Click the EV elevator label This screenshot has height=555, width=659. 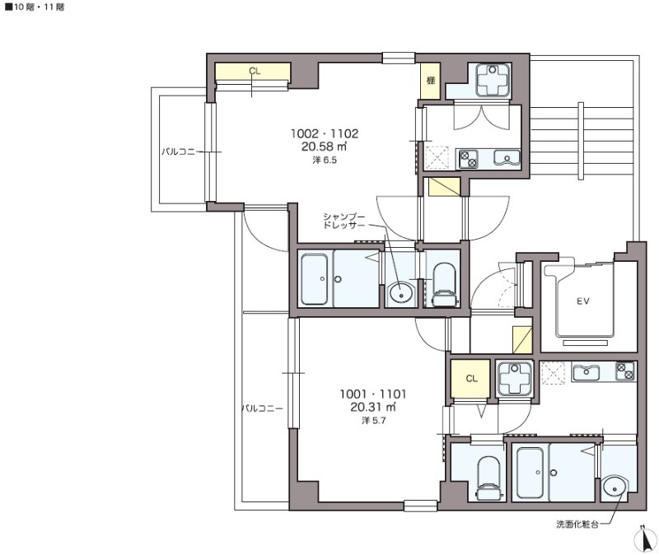582,301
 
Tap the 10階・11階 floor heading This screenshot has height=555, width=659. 35,7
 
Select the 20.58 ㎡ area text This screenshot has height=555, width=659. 324,147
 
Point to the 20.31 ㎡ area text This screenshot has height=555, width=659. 373,407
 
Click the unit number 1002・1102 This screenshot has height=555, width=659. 325,133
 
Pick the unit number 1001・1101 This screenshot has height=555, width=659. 373,394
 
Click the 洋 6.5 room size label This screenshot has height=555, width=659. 325,160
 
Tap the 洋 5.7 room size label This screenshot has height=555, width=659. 373,421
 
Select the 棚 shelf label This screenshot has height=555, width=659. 430,80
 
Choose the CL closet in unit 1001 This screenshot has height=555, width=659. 471,379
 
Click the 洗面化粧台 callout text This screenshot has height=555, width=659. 577,525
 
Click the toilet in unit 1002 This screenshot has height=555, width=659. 444,284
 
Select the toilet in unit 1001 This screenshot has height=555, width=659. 489,478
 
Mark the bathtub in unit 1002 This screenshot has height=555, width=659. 315,279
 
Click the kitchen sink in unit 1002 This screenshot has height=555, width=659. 507,157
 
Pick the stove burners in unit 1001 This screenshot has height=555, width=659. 625,371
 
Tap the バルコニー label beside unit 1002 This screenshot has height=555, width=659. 179,152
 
